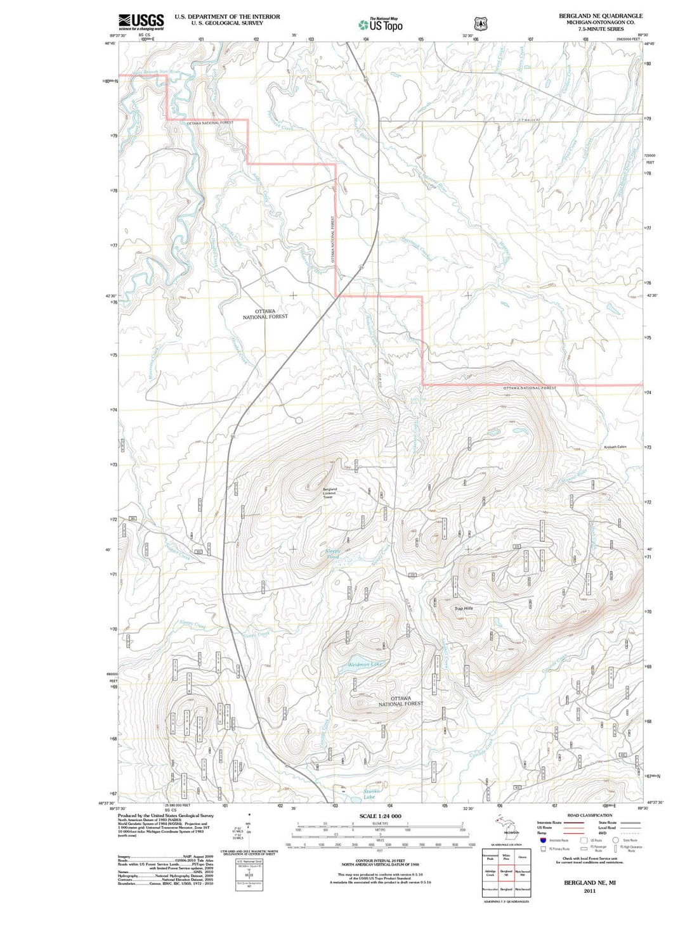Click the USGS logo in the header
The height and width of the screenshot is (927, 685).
pyautogui.click(x=141, y=22)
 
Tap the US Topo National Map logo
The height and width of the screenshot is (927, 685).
pyautogui.click(x=380, y=25)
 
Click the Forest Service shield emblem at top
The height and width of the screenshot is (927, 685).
pyautogui.click(x=481, y=23)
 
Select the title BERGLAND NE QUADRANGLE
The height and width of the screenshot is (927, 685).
pyautogui.click(x=600, y=16)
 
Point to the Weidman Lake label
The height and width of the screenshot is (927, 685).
pyautogui.click(x=365, y=665)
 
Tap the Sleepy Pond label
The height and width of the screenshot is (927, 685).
pyautogui.click(x=333, y=554)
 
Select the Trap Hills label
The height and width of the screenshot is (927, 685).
pyautogui.click(x=464, y=608)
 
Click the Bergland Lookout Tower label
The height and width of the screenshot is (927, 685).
pyautogui.click(x=330, y=493)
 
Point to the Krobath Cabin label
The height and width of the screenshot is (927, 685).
pyautogui.click(x=615, y=447)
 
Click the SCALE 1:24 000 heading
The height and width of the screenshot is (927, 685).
pyautogui.click(x=381, y=816)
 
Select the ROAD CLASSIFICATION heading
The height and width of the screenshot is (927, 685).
pyautogui.click(x=590, y=815)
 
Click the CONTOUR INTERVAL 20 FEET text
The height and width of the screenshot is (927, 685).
pyautogui.click(x=381, y=860)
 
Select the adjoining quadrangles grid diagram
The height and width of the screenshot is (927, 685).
pyautogui.click(x=506, y=874)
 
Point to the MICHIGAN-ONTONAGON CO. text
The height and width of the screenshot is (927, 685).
pyautogui.click(x=600, y=22)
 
